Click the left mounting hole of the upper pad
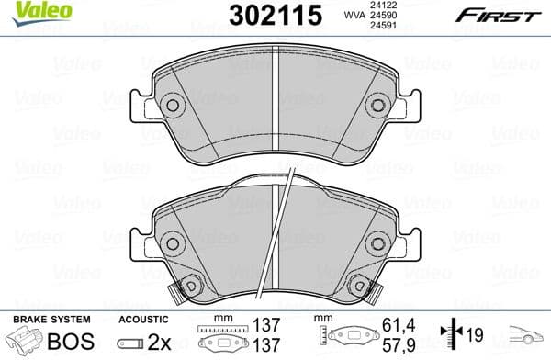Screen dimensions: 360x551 pyautogui.click(x=173, y=107)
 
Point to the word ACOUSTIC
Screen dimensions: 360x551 pyautogui.click(x=144, y=319)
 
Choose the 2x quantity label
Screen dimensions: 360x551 pyautogui.click(x=166, y=342)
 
